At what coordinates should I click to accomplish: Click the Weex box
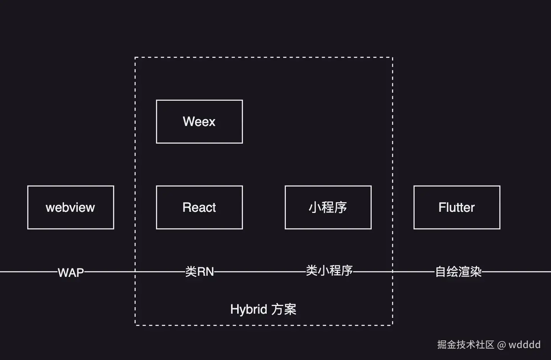click(x=199, y=122)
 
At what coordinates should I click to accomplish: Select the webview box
click(x=71, y=208)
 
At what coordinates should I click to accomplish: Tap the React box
click(x=199, y=208)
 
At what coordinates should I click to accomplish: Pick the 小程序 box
click(x=328, y=208)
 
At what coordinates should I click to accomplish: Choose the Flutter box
click(x=457, y=208)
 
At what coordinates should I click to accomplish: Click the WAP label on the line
click(x=71, y=272)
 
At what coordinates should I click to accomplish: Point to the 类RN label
click(x=199, y=272)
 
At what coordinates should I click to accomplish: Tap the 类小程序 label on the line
click(x=329, y=271)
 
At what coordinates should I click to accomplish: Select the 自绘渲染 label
click(x=458, y=272)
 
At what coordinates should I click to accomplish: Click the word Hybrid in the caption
click(x=248, y=309)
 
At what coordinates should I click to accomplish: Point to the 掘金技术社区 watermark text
click(x=466, y=345)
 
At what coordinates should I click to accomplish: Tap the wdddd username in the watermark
click(x=524, y=345)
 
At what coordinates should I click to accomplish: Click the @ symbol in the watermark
click(x=501, y=345)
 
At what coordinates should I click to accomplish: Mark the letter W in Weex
click(x=188, y=122)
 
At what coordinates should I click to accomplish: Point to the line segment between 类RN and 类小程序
click(x=261, y=272)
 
